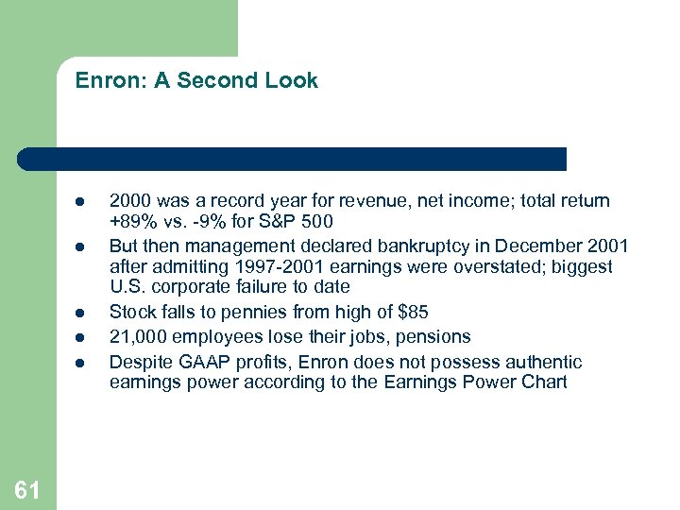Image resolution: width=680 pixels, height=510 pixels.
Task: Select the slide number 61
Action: click(x=27, y=489)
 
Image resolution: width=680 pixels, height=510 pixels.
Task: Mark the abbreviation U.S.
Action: click(x=127, y=286)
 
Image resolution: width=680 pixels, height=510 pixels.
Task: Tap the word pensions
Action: click(x=433, y=336)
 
